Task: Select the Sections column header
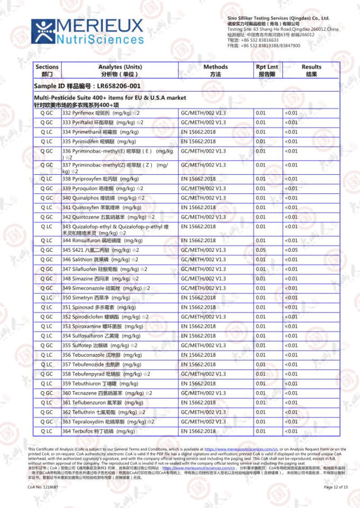click(x=46, y=70)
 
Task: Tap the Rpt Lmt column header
click(x=267, y=70)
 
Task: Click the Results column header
click(x=311, y=70)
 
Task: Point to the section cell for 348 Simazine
click(x=46, y=279)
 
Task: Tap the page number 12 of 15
click(x=336, y=487)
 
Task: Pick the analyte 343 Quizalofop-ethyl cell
click(x=118, y=229)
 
